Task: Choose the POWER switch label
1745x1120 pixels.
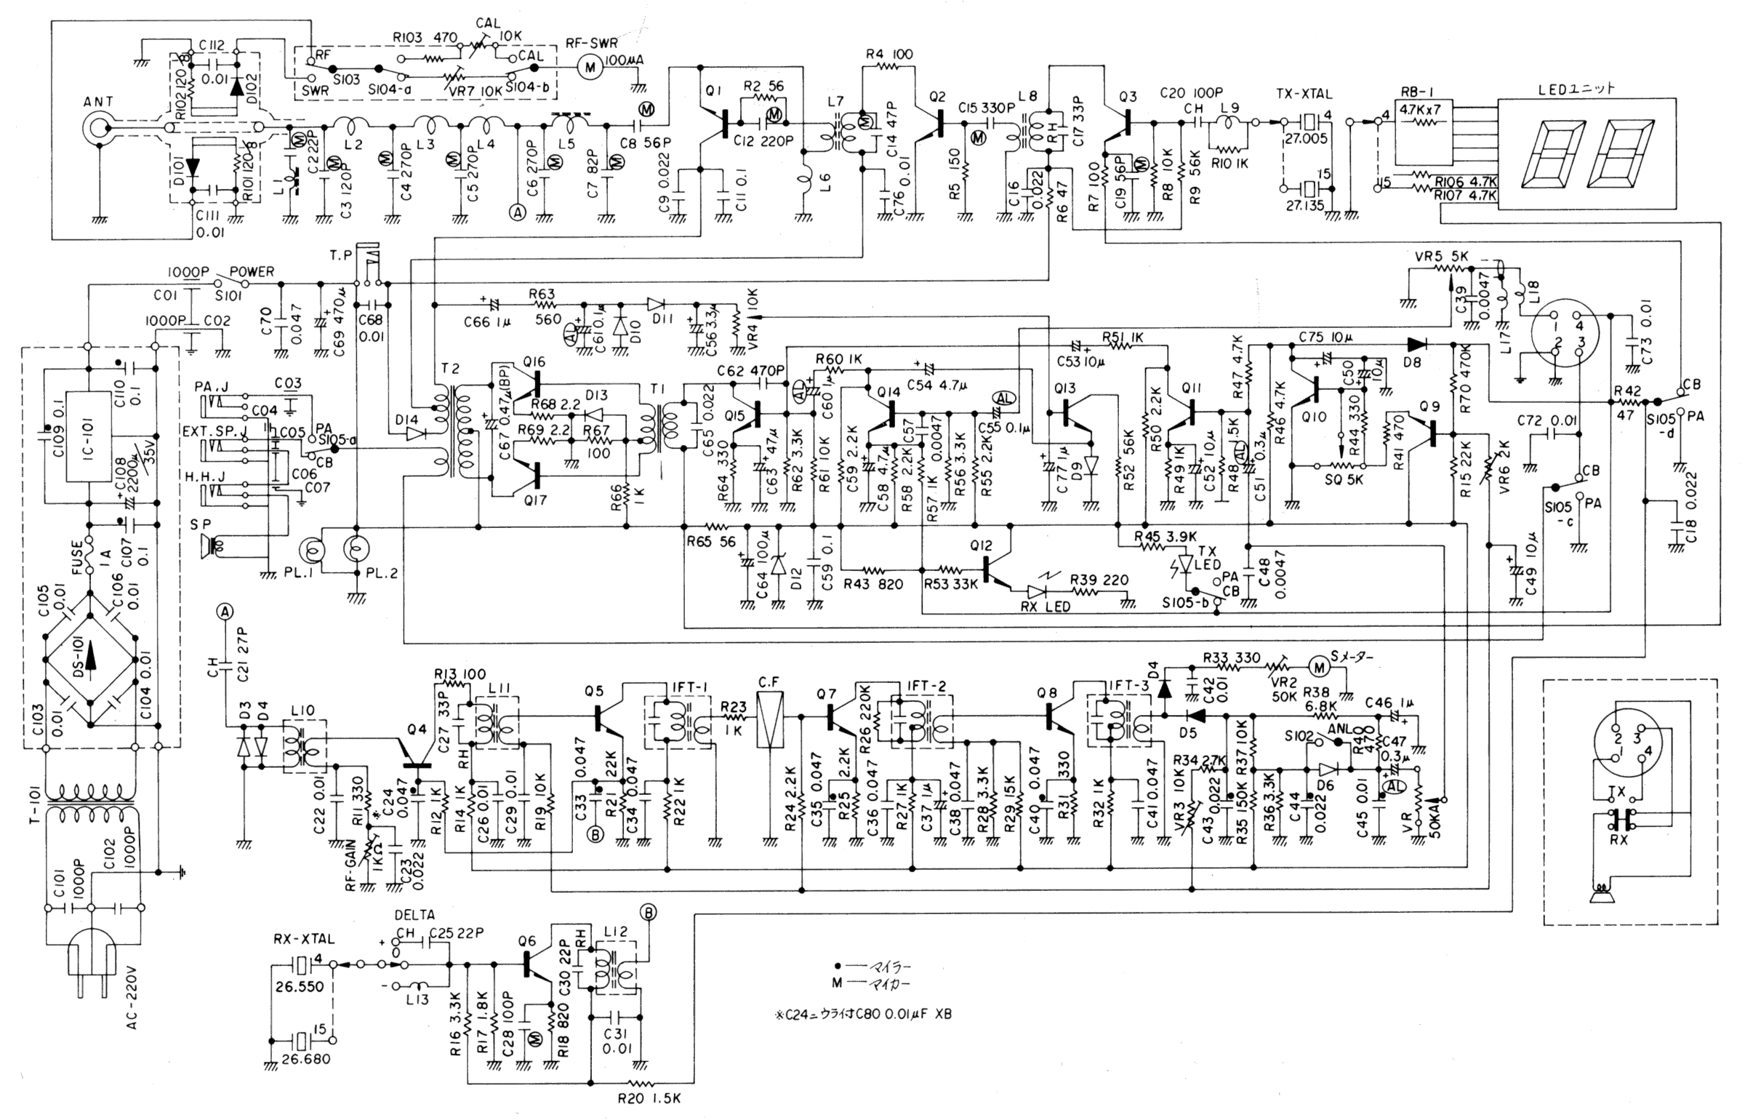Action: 252,272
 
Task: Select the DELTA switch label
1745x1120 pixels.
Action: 414,915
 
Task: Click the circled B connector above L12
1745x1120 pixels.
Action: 646,912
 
